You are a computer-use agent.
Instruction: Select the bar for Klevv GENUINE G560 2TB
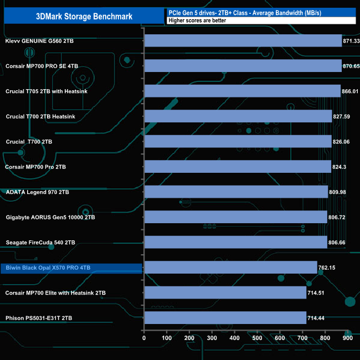[243, 41]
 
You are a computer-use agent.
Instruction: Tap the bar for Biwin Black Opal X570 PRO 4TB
[230, 268]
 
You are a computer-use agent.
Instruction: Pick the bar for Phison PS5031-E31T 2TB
[225, 318]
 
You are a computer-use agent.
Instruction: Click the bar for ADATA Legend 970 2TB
[236, 192]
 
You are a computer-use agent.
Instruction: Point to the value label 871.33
[352, 42]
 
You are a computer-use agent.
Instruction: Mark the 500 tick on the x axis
[257, 338]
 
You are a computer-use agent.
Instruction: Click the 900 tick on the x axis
[348, 338]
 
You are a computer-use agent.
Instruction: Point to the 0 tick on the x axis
[144, 338]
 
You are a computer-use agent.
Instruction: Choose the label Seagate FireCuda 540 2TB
[40, 243]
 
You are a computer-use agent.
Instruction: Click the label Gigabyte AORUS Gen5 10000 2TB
[50, 217]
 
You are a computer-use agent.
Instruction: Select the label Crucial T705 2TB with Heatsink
[47, 91]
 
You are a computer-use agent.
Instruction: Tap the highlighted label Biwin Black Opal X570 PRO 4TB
[48, 268]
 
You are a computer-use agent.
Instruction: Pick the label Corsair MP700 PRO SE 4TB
[42, 66]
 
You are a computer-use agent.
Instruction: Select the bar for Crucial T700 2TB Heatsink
[238, 116]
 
